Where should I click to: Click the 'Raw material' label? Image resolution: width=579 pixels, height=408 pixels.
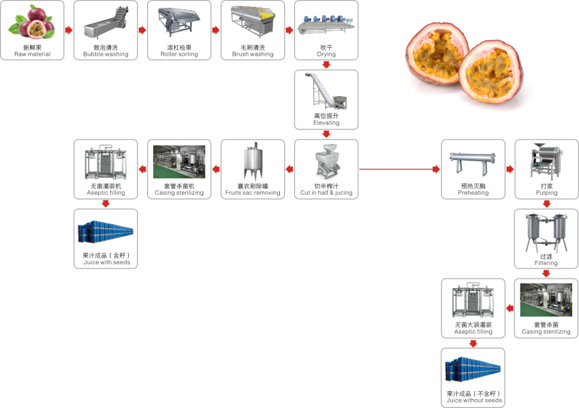click(32, 54)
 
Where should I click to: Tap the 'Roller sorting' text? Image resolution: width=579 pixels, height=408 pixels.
click(178, 54)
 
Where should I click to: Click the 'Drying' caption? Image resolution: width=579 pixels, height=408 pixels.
click(326, 54)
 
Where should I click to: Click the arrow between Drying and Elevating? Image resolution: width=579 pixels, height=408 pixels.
click(326, 65)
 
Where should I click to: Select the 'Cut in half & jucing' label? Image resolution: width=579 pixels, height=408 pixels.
click(326, 193)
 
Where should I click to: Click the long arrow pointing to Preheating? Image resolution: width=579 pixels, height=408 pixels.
click(398, 168)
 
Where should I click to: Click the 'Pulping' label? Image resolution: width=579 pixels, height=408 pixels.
click(546, 193)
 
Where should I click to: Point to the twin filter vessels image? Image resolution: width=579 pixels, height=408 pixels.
click(546, 232)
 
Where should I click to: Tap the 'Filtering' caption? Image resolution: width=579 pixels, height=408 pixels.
click(546, 263)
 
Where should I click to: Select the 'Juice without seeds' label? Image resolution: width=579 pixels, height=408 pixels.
click(473, 401)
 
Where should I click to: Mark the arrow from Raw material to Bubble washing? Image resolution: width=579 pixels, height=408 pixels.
click(69, 30)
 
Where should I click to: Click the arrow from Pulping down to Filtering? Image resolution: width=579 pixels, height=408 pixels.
click(546, 203)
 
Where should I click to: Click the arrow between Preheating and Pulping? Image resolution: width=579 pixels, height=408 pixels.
click(510, 168)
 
